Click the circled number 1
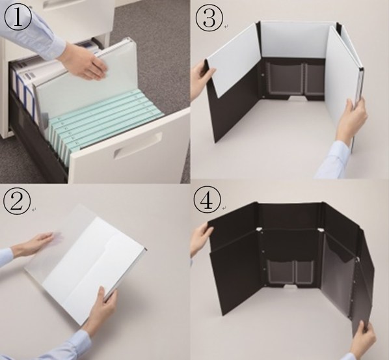pos(18,18)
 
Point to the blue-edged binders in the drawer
pos(23,87)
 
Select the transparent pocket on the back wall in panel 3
pos(295,79)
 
